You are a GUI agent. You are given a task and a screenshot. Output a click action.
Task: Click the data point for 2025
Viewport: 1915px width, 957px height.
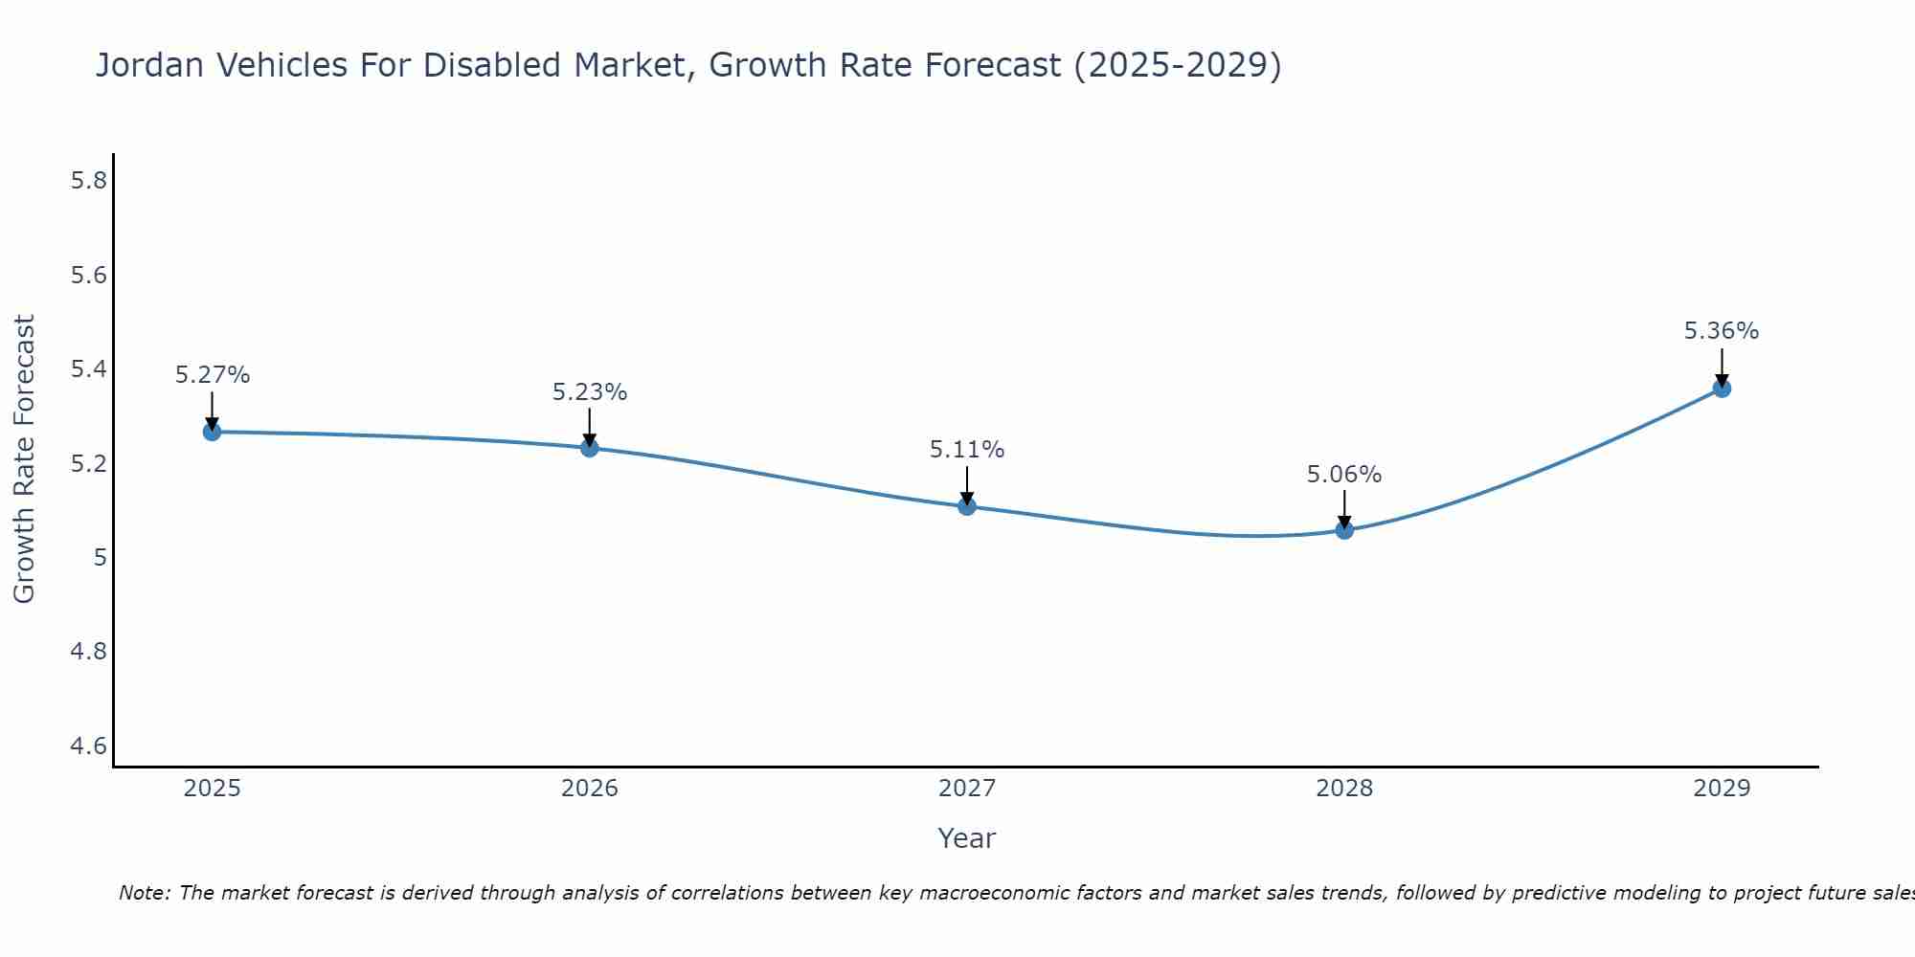click(x=212, y=432)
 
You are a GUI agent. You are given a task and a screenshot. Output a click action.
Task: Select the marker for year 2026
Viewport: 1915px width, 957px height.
click(x=589, y=448)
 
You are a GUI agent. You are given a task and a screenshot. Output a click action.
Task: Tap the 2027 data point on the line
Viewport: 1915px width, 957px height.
click(x=966, y=506)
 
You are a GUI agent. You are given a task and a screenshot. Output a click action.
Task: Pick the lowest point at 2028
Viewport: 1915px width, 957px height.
click(x=1344, y=530)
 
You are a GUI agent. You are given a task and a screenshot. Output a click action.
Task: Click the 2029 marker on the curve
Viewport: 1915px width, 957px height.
click(x=1722, y=389)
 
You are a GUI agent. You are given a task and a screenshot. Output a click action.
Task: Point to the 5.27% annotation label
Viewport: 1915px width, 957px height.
click(x=212, y=375)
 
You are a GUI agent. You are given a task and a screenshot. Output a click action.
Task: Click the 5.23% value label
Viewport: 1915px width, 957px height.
click(x=589, y=392)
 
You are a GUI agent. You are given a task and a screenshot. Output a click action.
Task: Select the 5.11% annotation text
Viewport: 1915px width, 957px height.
click(x=966, y=450)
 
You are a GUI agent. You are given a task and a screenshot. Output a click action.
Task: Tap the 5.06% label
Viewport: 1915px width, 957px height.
click(x=1344, y=475)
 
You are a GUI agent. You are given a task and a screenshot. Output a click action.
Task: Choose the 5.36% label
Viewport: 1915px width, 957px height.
click(x=1722, y=331)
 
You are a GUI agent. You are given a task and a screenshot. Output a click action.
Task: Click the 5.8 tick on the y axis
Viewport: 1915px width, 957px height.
click(x=88, y=181)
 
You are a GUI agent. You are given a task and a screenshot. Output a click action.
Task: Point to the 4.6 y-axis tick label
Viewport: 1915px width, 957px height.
click(x=88, y=746)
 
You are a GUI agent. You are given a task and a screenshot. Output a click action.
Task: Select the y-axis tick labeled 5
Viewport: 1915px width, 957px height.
click(x=100, y=558)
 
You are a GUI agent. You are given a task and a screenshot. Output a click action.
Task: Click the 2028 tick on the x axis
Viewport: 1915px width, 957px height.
click(x=1344, y=789)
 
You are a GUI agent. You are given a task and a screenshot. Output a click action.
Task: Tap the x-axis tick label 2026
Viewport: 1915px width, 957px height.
click(x=589, y=789)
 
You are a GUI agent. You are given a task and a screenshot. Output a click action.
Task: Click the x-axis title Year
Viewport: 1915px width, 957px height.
click(x=966, y=838)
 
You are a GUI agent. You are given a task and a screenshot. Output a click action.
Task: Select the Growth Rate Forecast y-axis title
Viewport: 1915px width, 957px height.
click(x=25, y=459)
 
